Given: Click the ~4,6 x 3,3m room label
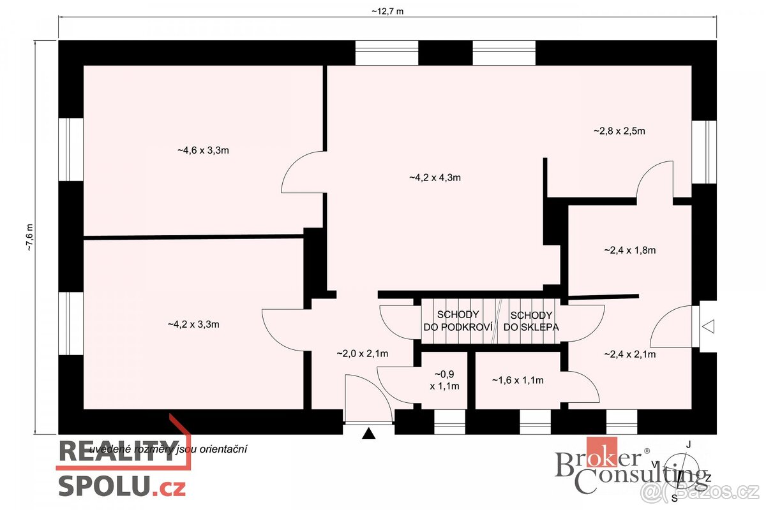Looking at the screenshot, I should [203, 151].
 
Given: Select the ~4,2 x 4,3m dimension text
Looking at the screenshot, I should [435, 178].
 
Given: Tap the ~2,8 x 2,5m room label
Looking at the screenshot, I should [619, 131].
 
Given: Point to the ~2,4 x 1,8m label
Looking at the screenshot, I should [630, 251].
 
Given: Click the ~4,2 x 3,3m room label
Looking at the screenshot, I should [193, 324].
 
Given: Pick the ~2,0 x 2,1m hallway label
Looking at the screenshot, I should [363, 353].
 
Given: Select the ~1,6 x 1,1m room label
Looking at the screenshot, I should [518, 381].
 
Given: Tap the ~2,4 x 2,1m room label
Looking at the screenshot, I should [630, 354].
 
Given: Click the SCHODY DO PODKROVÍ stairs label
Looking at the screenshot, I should [458, 321].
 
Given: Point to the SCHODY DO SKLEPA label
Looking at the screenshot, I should [531, 321].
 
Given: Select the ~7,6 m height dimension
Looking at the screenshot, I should [29, 238].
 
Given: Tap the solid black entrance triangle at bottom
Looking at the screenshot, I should [368, 434].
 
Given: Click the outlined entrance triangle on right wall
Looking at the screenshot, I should [709, 326].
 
